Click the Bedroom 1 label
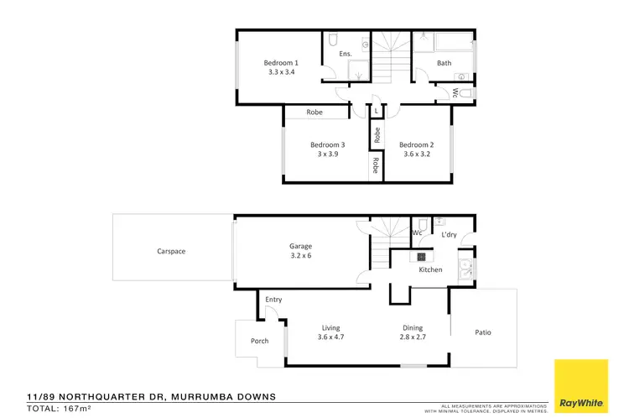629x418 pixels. pos(281,63)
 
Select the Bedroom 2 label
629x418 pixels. pos(416,144)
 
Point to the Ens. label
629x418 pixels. pos(344,55)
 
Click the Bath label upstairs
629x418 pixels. pos(444,63)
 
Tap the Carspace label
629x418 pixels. pos(170,251)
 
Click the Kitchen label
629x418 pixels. pos(430,269)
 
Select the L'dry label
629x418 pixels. pos(449,235)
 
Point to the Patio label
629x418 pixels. pos(483,332)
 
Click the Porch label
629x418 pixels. pos(260,341)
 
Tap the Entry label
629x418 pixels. pos(273,300)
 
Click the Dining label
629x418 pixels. pos(412,328)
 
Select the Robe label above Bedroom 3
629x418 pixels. pos(314,112)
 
